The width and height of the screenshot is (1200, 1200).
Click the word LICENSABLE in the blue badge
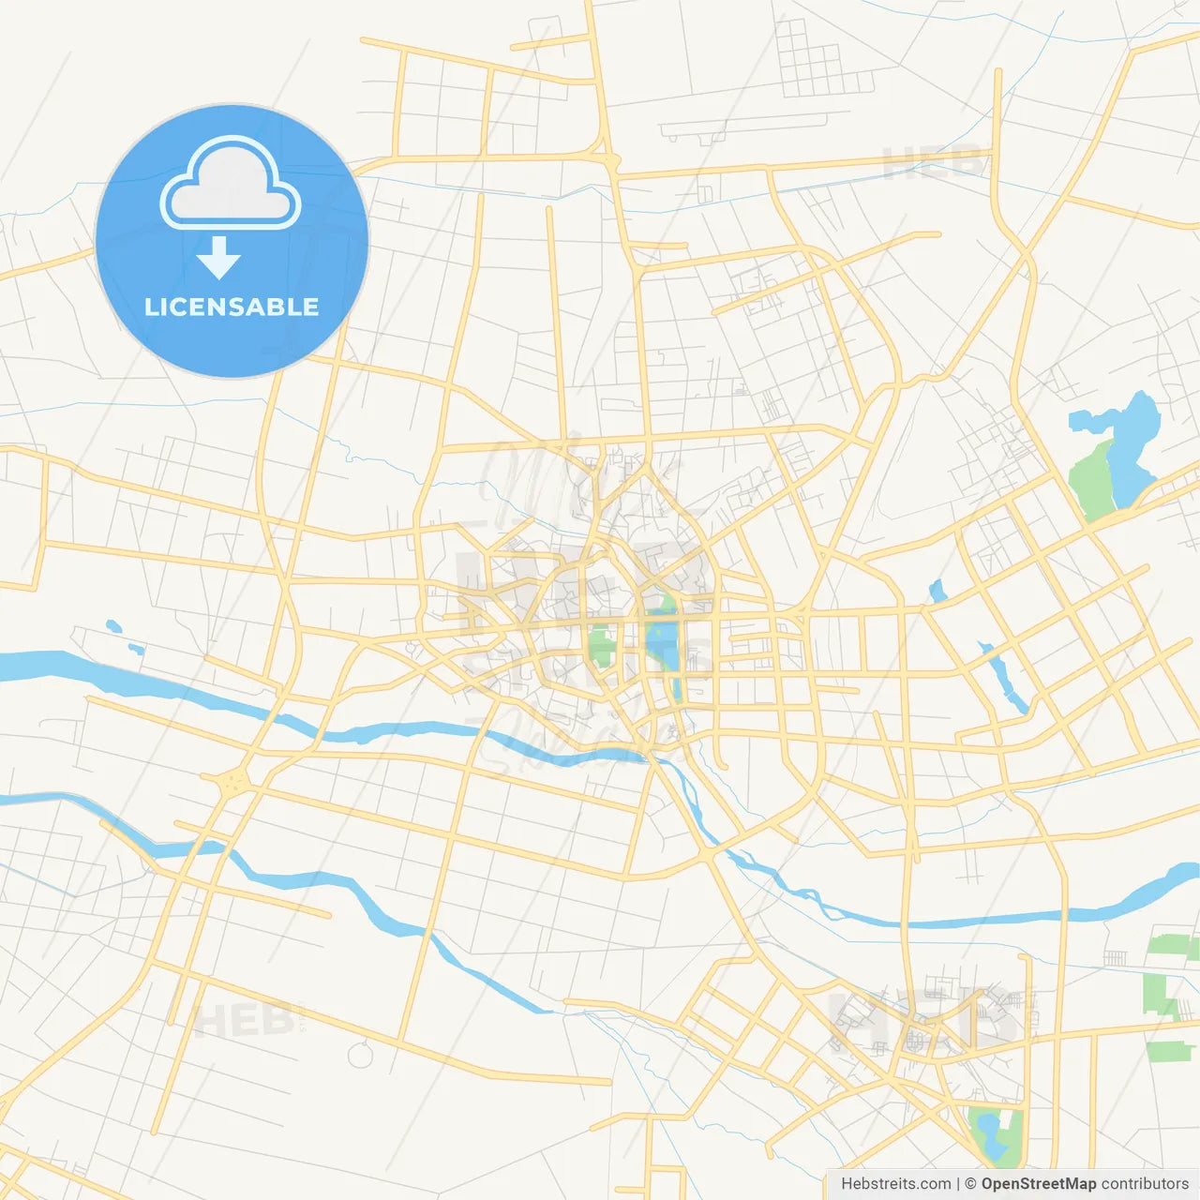[232, 307]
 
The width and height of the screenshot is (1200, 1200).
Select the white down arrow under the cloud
[218, 258]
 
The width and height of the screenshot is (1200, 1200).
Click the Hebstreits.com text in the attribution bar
[895, 1184]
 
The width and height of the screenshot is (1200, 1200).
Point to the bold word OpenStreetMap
[1038, 1184]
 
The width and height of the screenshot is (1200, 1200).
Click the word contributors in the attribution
[1145, 1184]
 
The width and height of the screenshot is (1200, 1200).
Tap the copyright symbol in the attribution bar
[970, 1184]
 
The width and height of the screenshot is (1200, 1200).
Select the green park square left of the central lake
[600, 646]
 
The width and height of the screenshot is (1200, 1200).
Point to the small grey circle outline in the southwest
[360, 1055]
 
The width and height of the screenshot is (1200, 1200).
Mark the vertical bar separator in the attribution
[958, 1184]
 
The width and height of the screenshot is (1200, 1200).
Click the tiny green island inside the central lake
[667, 605]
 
